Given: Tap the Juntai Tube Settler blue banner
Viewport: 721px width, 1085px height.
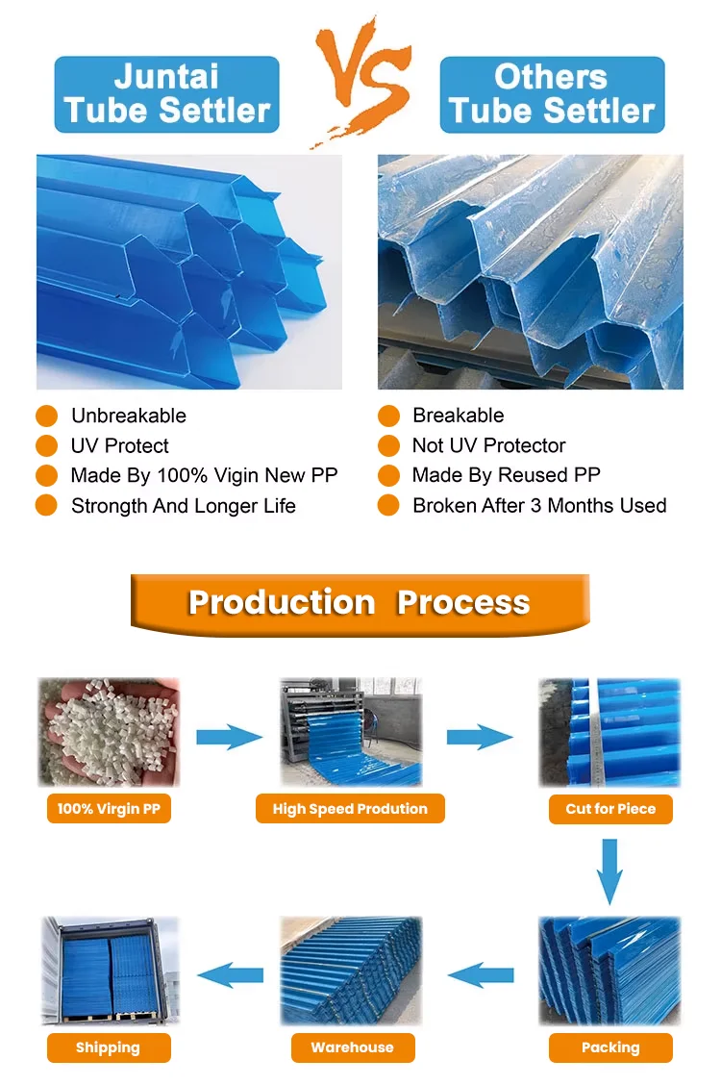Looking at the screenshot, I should click(x=166, y=94).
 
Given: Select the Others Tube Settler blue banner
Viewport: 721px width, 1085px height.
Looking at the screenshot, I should click(x=552, y=94).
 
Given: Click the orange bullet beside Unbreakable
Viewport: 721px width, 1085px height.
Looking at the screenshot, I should click(x=46, y=416).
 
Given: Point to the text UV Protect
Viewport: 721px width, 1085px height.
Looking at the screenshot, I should click(x=119, y=445).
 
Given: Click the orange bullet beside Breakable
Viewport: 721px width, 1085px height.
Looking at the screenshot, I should click(x=388, y=416).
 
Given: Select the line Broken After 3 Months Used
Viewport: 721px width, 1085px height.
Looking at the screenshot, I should click(x=539, y=505).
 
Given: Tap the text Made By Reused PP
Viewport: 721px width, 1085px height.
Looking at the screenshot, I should click(x=506, y=475).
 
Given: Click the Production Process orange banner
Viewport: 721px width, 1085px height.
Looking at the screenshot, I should click(x=360, y=603).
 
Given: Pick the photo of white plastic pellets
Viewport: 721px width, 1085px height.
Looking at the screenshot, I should click(x=109, y=731).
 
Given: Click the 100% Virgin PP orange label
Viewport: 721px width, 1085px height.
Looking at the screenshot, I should click(x=108, y=809).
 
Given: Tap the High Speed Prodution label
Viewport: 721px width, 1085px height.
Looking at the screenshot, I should click(x=350, y=809).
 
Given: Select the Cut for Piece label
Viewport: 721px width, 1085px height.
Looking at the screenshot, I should click(x=610, y=809).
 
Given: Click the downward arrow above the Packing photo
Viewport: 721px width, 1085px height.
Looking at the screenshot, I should click(x=609, y=871).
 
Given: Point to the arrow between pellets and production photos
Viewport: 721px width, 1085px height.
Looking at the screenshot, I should click(x=229, y=738).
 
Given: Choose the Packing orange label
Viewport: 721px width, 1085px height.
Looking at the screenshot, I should click(x=610, y=1047).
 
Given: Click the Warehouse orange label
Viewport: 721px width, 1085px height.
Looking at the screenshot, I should click(x=352, y=1047).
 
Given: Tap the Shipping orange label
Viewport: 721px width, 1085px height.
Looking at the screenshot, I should click(x=108, y=1047).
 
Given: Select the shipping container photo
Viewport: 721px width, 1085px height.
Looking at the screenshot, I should click(x=110, y=970).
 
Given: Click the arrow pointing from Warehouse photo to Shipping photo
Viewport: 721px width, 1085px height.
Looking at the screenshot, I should click(x=230, y=973).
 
